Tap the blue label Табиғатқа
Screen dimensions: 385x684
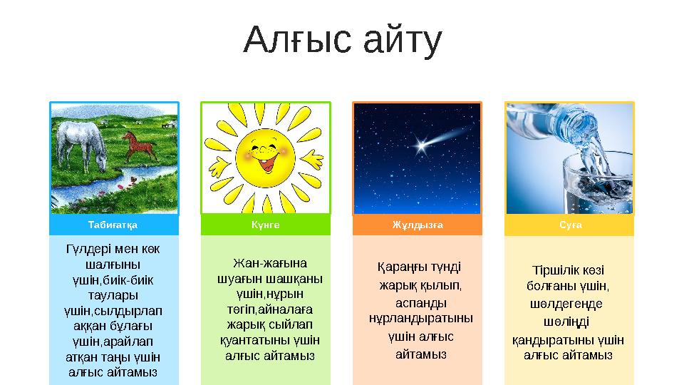[113, 225]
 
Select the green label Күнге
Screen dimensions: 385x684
[265, 225]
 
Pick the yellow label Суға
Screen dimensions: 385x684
[569, 225]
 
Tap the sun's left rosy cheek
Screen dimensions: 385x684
[244, 152]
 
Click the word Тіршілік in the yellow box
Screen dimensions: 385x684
[553, 271]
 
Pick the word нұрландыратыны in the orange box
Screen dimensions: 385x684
[420, 318]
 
